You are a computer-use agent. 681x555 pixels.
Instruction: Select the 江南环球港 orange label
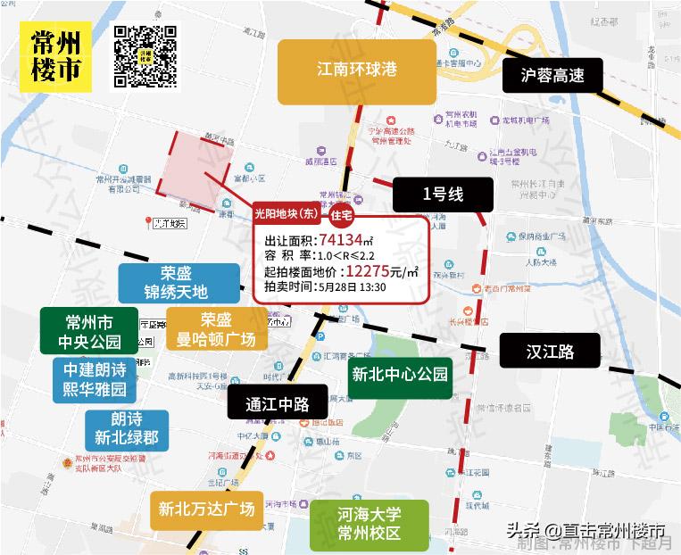(356, 70)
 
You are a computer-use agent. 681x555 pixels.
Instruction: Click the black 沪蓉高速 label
(552, 76)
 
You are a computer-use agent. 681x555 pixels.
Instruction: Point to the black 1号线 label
(444, 193)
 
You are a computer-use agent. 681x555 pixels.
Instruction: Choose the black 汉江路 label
(549, 352)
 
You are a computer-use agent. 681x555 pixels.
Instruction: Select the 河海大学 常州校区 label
(369, 525)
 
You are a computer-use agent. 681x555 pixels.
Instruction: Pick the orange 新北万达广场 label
(207, 510)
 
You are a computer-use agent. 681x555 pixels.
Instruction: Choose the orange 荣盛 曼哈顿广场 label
(216, 330)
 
